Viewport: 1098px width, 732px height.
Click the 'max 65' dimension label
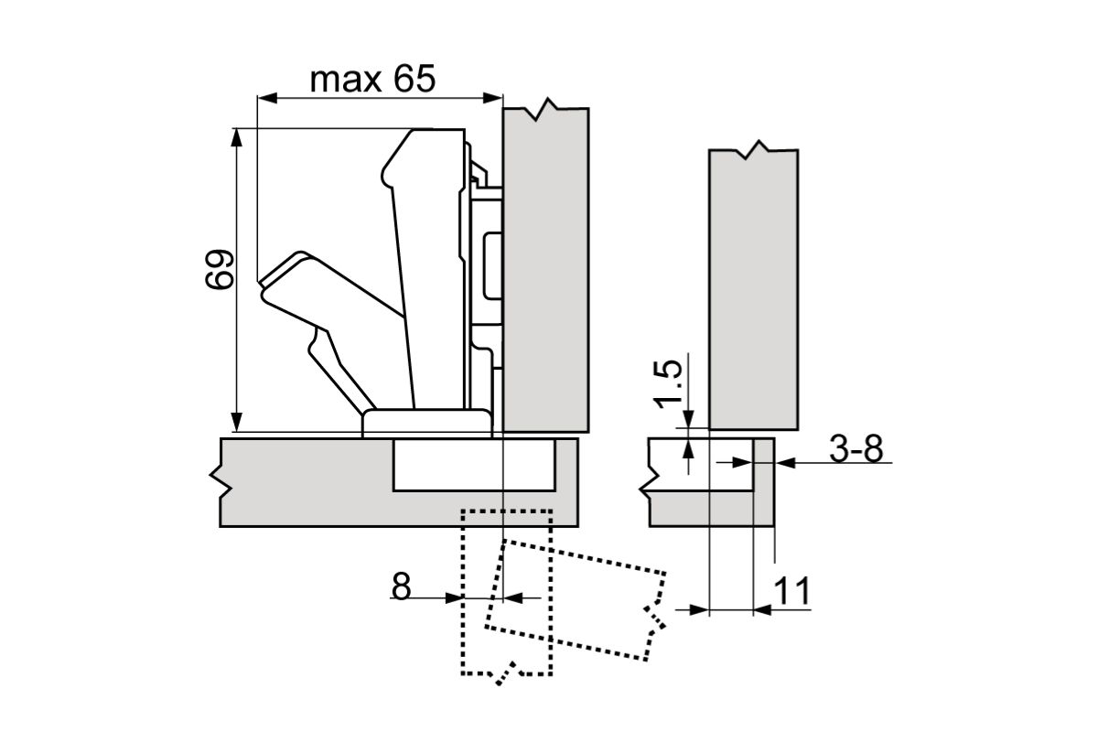(372, 80)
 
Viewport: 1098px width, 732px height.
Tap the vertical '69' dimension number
(219, 269)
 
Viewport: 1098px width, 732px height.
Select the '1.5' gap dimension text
(669, 384)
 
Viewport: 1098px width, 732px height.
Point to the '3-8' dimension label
(856, 448)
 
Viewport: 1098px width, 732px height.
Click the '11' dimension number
(791, 591)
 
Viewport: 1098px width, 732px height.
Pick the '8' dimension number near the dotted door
(401, 587)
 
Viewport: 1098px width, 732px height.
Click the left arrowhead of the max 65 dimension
(267, 98)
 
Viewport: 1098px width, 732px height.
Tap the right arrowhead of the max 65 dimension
(492, 98)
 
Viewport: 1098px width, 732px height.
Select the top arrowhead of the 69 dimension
(237, 138)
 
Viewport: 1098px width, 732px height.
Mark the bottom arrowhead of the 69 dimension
(237, 422)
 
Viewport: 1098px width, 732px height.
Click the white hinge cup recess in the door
(474, 465)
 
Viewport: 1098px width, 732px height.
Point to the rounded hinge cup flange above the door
(426, 423)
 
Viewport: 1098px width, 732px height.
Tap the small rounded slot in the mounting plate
(492, 266)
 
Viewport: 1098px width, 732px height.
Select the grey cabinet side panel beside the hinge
(545, 270)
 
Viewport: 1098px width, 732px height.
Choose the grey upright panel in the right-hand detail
(753, 289)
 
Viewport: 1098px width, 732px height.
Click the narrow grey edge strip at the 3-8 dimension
(764, 482)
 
